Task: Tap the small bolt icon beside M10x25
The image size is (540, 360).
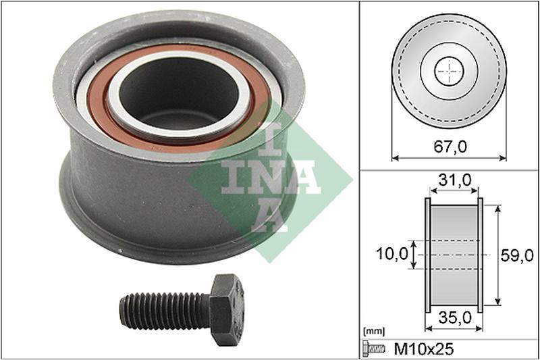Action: [x=373, y=348]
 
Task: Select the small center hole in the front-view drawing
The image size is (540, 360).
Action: [x=449, y=71]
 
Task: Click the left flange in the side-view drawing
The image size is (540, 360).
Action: [x=427, y=255]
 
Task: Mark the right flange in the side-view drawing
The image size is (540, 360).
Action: [x=480, y=255]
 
